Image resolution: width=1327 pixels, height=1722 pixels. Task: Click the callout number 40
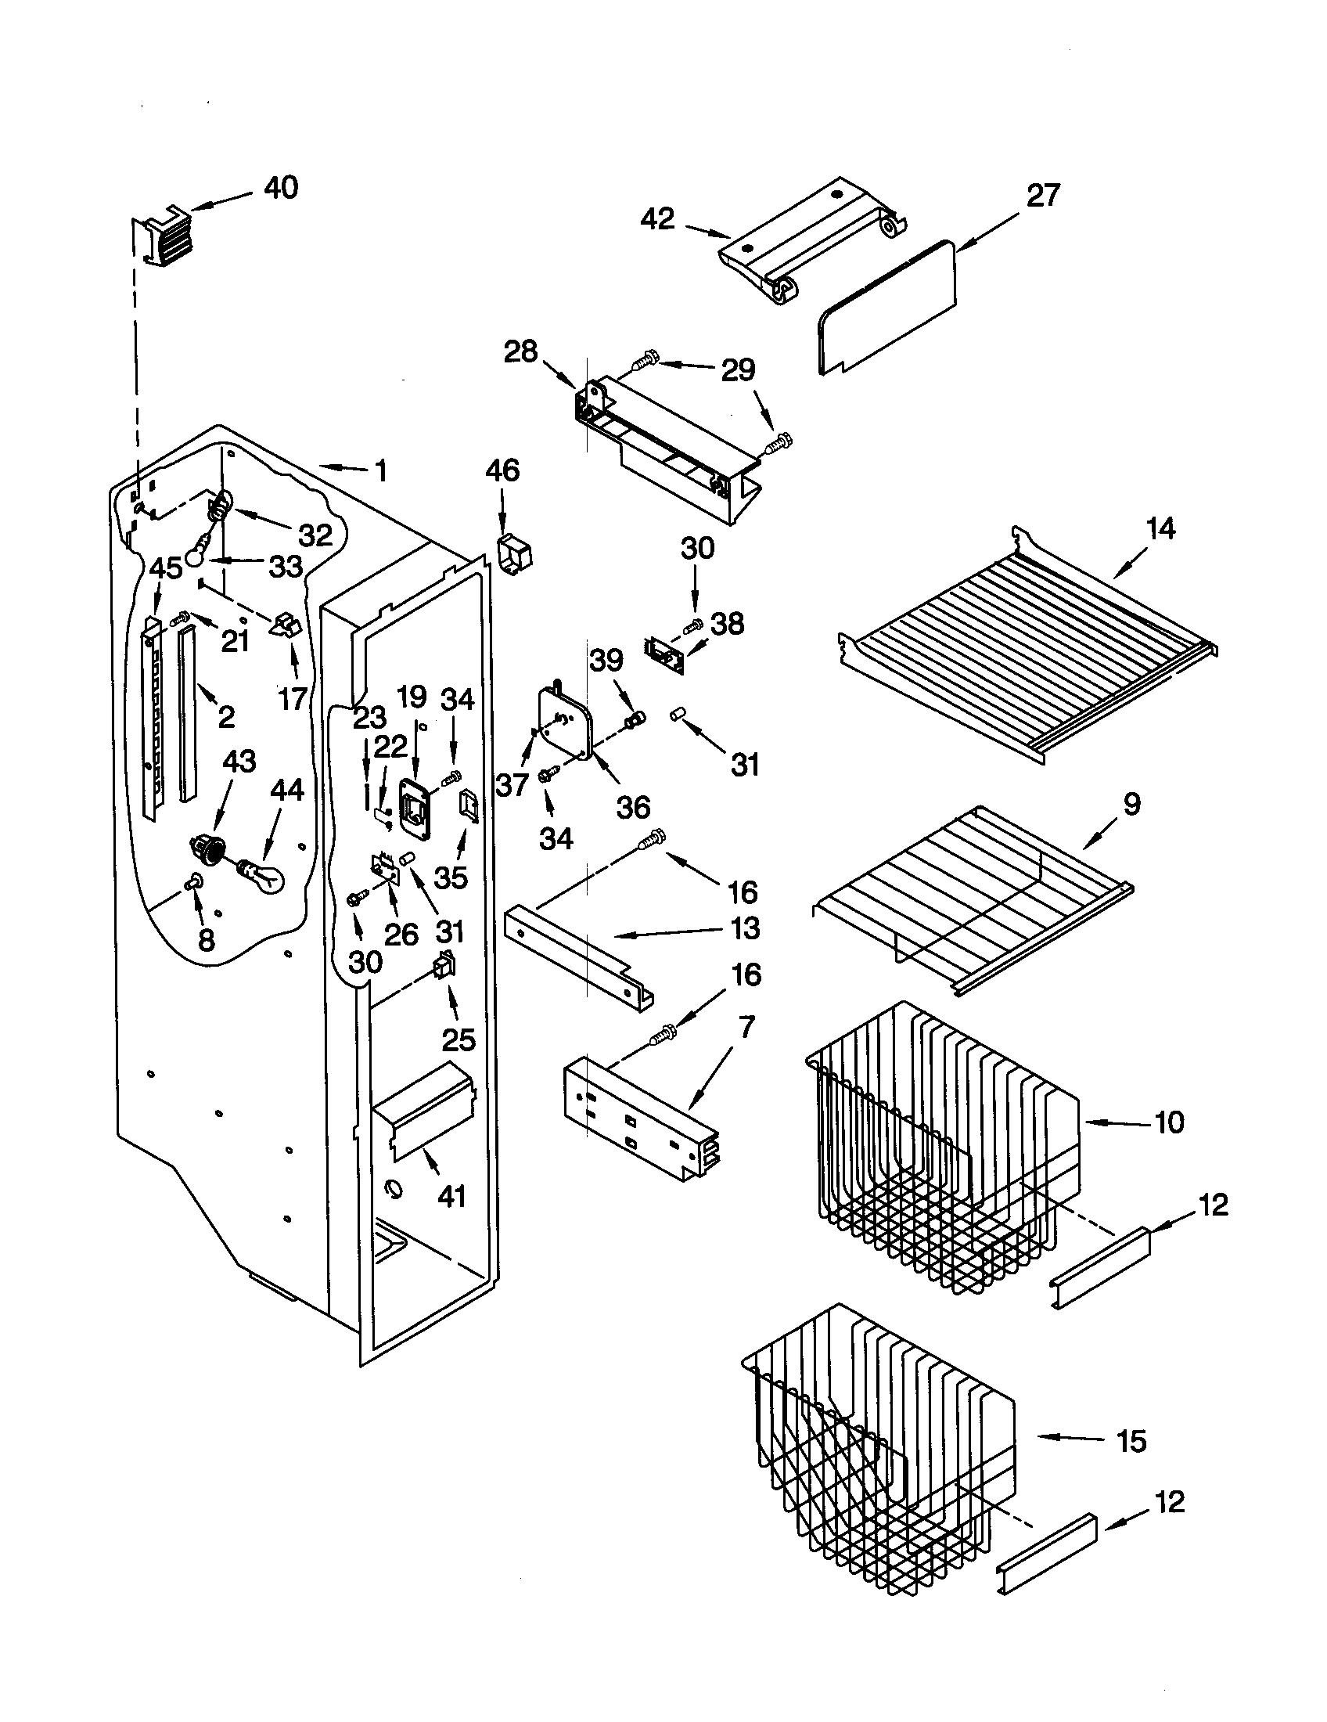pos(281,189)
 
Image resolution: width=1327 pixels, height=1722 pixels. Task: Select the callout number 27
pos(1042,196)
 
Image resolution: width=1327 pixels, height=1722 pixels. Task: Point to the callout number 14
pos(1160,528)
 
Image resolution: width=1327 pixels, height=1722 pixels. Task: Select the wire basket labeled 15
pos(875,1467)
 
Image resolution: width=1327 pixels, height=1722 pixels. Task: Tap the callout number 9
pos(1131,804)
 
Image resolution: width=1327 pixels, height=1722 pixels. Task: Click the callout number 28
pos(520,351)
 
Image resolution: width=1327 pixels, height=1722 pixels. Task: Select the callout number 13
pos(744,928)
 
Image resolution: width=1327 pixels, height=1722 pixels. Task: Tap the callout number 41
pos(451,1197)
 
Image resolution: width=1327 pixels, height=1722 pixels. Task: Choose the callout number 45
pos(165,567)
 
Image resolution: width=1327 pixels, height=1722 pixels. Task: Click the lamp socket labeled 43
pos(207,848)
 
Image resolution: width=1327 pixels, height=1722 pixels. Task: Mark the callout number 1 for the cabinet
pos(380,471)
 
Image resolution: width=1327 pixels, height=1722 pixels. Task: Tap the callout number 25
pos(458,1040)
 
